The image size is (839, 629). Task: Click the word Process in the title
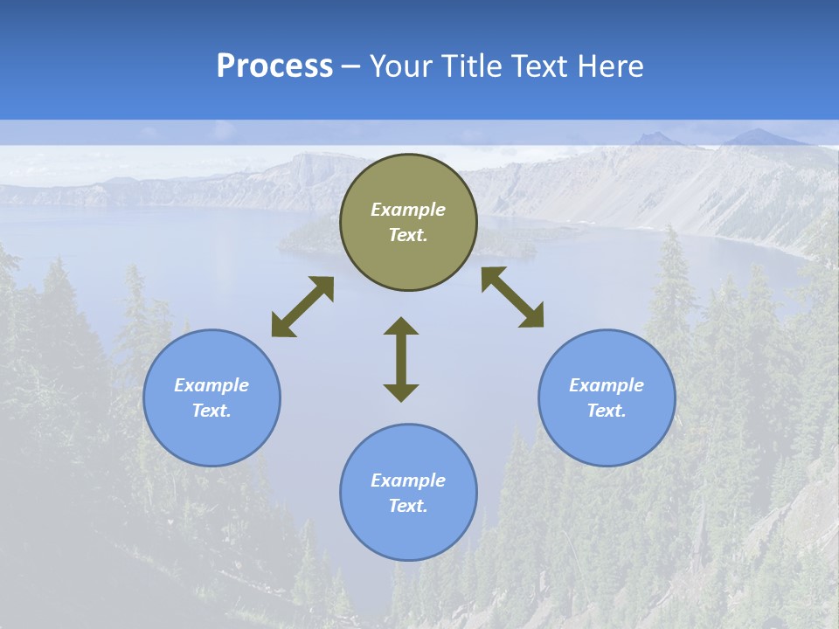(x=274, y=66)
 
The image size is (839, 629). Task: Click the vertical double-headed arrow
(x=401, y=359)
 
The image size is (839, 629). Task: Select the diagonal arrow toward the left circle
(x=302, y=307)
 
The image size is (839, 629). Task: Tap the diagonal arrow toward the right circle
(x=513, y=297)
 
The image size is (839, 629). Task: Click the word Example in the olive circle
(x=408, y=210)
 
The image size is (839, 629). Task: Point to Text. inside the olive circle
(x=408, y=235)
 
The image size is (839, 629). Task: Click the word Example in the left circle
(x=211, y=385)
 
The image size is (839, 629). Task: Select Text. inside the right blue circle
(x=607, y=411)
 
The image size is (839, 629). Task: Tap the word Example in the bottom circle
(x=408, y=480)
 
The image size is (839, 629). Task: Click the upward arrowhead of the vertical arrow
(x=401, y=327)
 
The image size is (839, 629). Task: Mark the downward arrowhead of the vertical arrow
(x=401, y=392)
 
